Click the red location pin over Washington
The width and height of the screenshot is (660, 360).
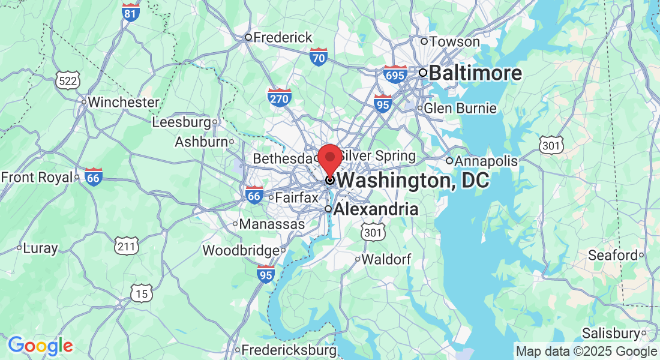[x=329, y=158]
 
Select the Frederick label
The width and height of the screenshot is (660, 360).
[x=283, y=37]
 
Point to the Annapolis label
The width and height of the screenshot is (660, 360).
[x=486, y=161]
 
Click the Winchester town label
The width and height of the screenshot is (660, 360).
[x=123, y=102]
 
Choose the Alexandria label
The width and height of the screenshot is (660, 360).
[x=376, y=209]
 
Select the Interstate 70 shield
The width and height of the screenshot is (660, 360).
[x=319, y=58]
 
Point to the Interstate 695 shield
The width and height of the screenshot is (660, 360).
[x=395, y=74]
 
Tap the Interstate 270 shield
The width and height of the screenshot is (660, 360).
[x=280, y=97]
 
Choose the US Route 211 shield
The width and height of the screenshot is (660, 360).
[x=127, y=245]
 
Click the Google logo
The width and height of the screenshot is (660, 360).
[x=40, y=346]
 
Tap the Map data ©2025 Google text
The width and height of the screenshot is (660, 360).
[x=587, y=352]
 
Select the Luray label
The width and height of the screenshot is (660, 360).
[x=40, y=248]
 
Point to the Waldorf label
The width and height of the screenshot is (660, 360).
[x=387, y=259]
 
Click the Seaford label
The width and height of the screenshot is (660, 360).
[x=613, y=256]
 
